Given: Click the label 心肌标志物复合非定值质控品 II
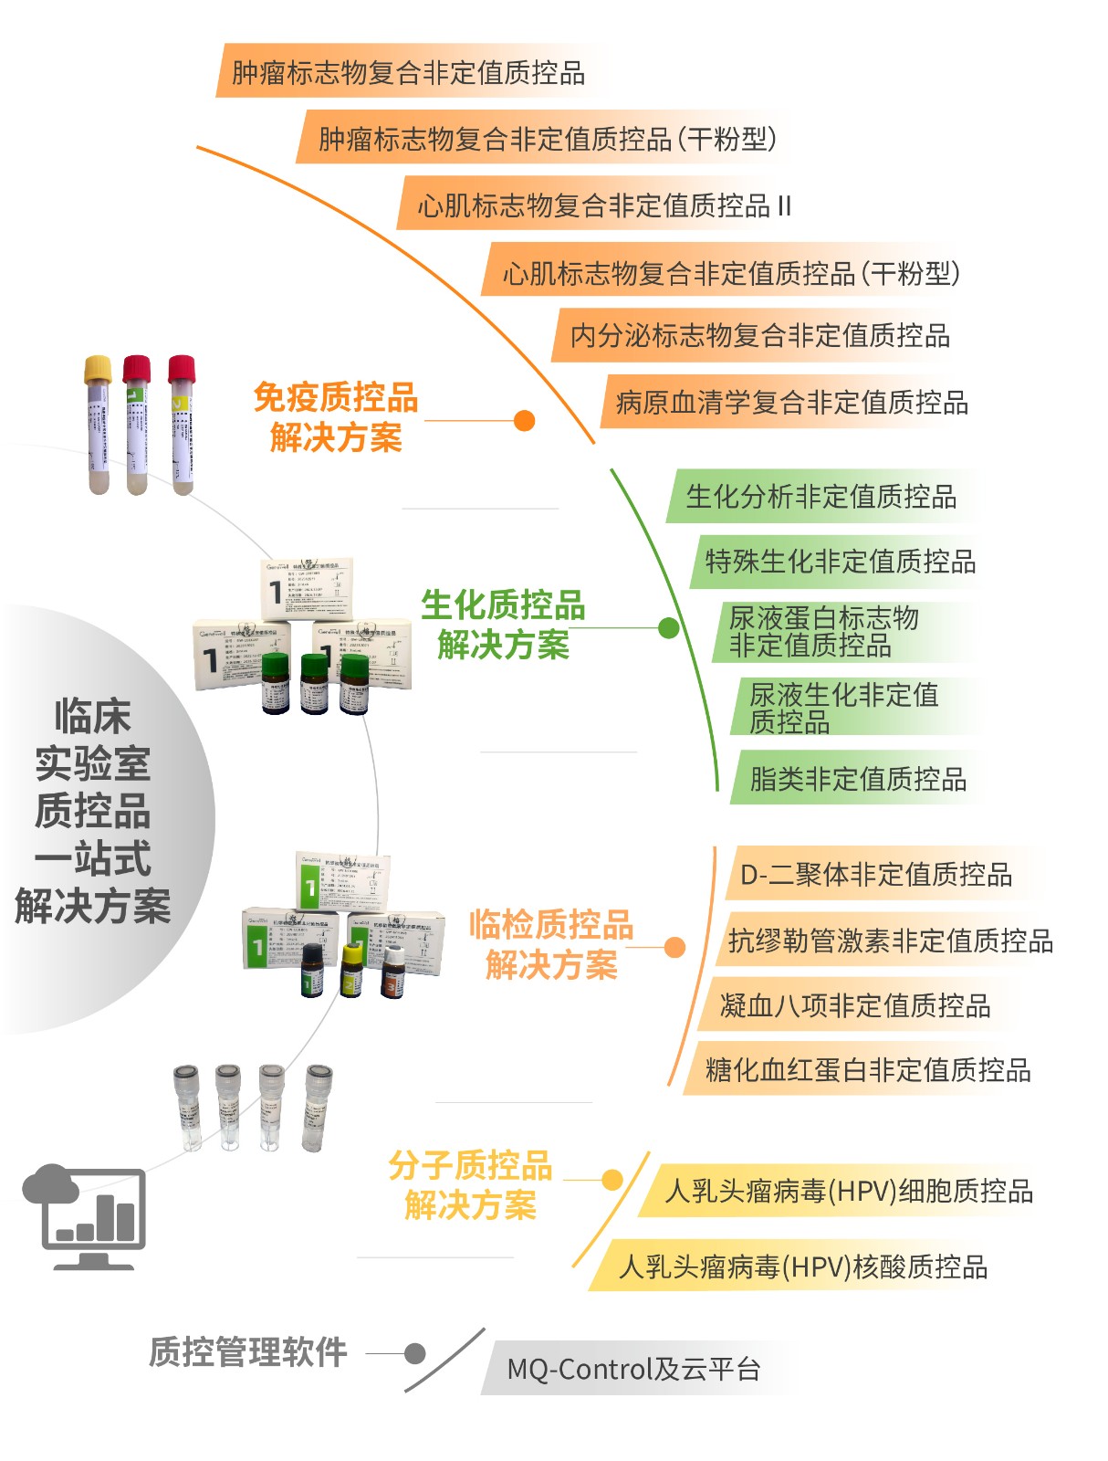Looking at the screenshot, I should coord(603,205).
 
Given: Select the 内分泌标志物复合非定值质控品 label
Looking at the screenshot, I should coord(759,336).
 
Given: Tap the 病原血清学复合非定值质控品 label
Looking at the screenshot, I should coord(791,403).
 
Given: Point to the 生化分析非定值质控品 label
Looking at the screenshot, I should coord(821,497).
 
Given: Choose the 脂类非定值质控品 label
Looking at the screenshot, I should coord(857,779).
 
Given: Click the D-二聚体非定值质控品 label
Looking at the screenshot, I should coord(875,875).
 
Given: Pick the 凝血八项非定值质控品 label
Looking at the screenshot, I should coord(855,1006).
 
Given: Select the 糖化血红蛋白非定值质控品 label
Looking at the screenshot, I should coord(867,1070).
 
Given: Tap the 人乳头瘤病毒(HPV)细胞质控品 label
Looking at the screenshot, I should coord(849,1192).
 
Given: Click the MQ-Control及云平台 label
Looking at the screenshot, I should coord(633,1369).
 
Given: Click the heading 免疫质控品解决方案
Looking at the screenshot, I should coord(336,418).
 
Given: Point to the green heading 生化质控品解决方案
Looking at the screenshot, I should coord(503,625).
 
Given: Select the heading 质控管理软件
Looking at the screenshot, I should coord(248,1352).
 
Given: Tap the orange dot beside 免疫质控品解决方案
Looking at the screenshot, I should coord(524,420).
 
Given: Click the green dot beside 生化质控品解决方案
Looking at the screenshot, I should coord(669,627).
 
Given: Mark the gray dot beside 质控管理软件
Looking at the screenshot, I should coord(415,1353).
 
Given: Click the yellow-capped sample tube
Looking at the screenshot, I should coord(99,425).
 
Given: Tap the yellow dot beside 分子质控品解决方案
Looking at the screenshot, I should coord(611,1180).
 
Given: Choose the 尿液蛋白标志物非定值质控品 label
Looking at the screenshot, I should coord(823,632).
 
